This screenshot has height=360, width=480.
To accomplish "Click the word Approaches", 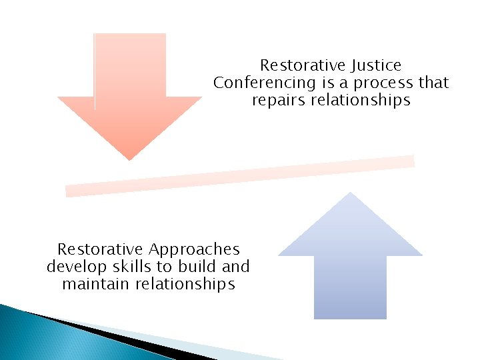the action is pyautogui.click(x=195, y=250).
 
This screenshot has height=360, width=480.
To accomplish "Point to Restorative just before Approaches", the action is pyautogui.click(x=100, y=250).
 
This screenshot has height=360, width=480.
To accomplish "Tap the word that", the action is pyautogui.click(x=434, y=83).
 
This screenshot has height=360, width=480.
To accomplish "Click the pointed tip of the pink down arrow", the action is pyautogui.click(x=129, y=158).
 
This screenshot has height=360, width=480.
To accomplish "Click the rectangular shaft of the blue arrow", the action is pyautogui.click(x=350, y=287).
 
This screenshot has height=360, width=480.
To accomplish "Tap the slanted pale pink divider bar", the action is pyautogui.click(x=240, y=176).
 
